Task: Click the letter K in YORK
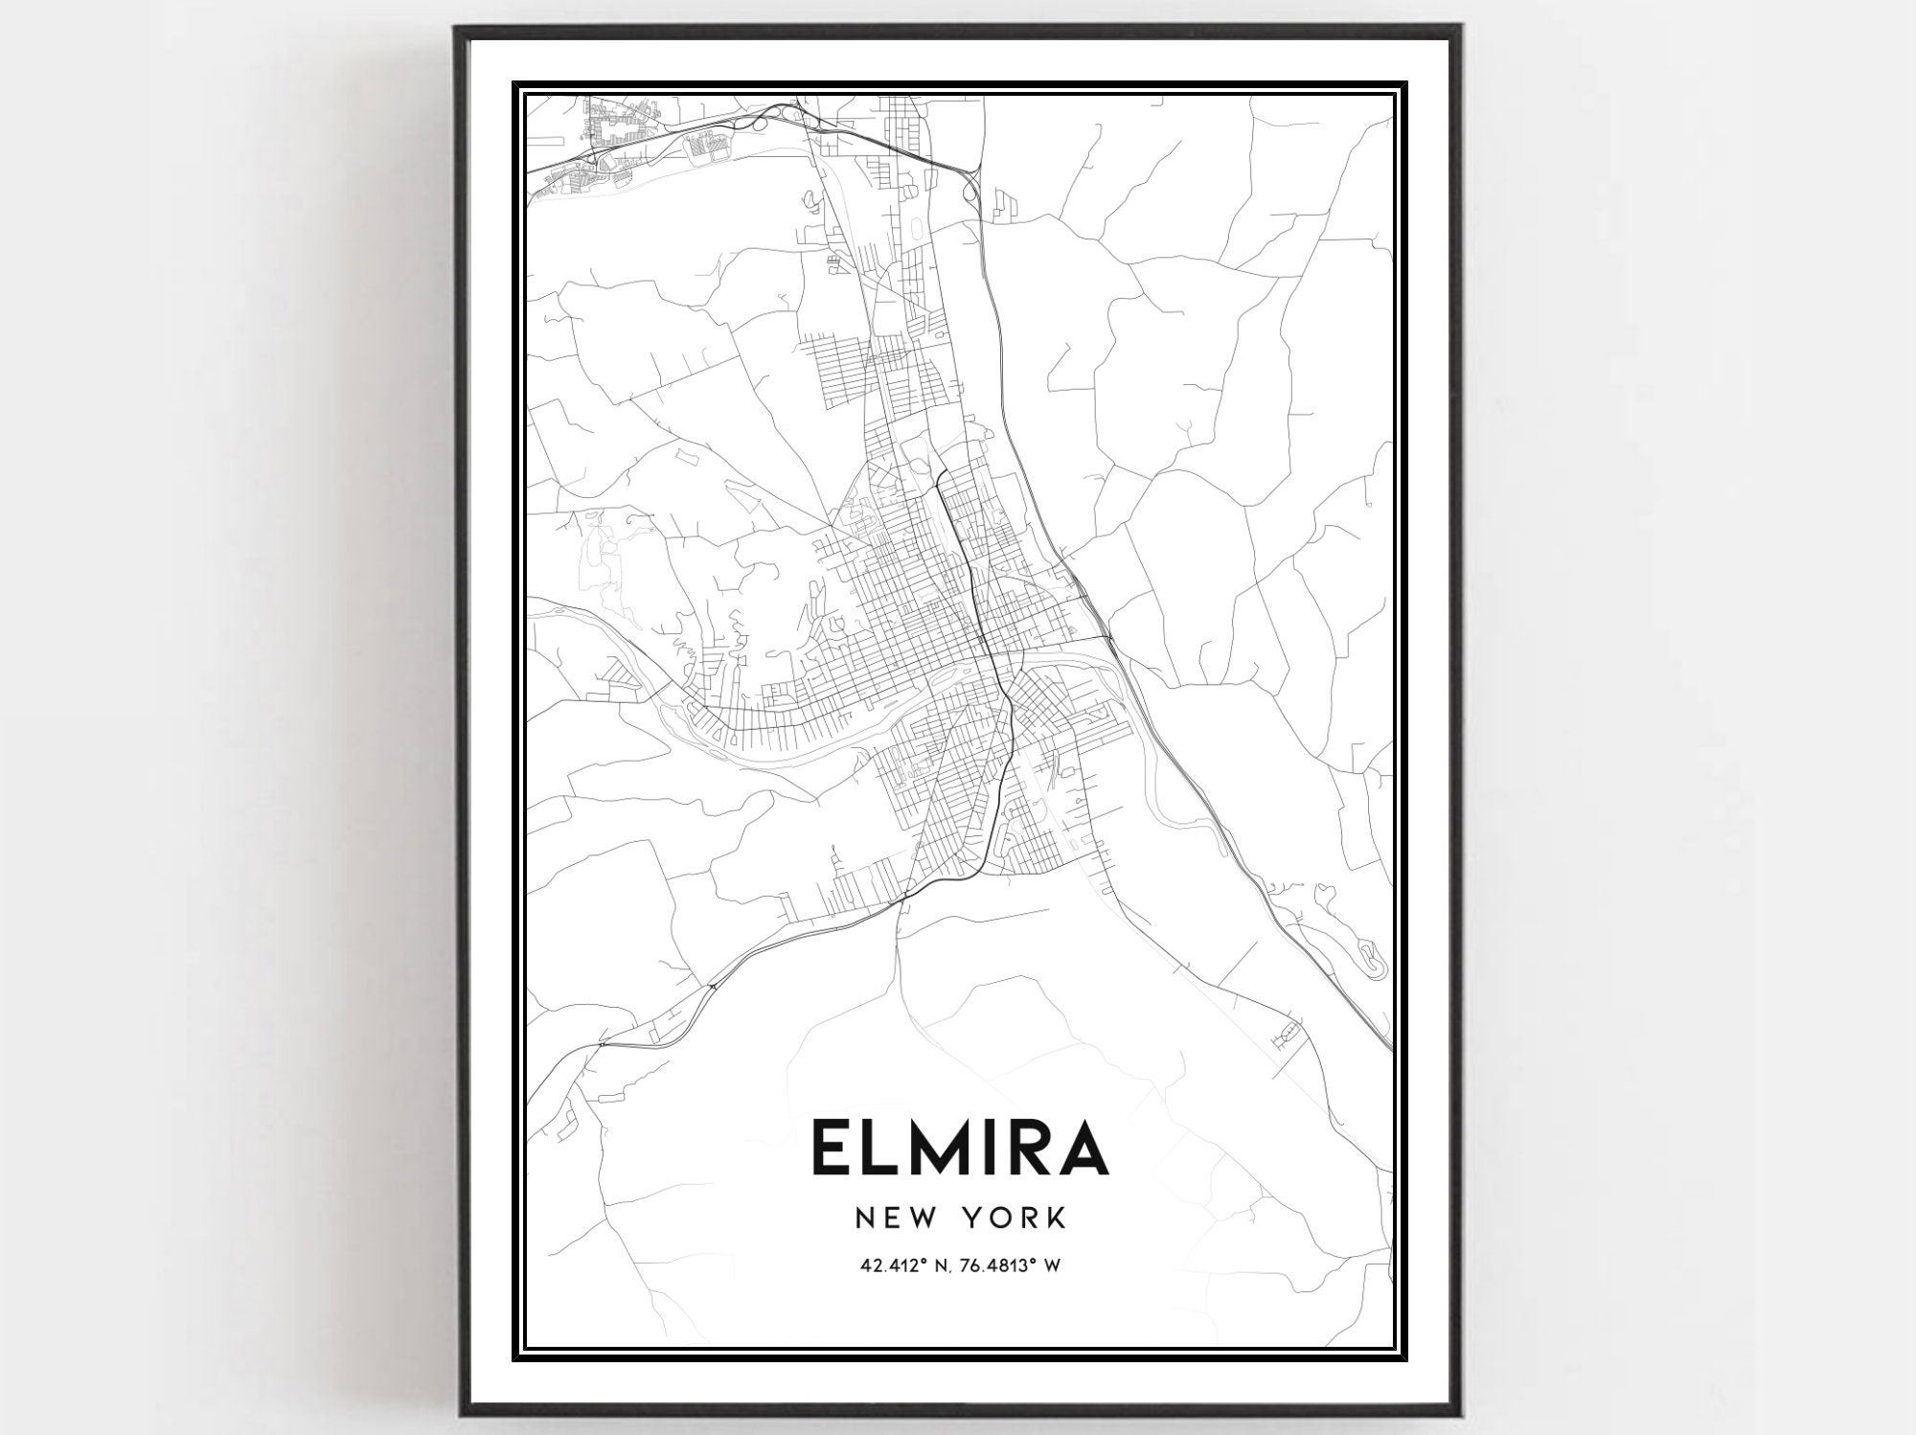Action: (x=1056, y=1218)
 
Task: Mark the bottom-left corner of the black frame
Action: (x=457, y=1412)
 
